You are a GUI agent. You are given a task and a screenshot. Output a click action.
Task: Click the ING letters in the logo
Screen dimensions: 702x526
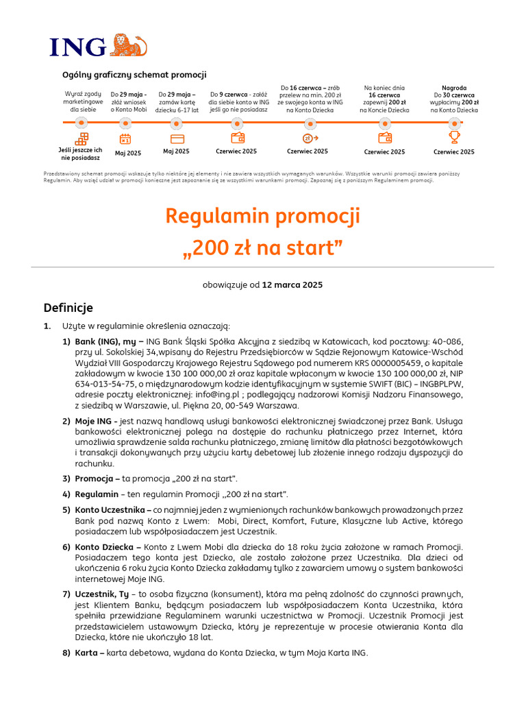(x=78, y=47)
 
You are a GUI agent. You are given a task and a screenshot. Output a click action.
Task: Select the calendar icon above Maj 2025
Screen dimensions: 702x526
(x=125, y=139)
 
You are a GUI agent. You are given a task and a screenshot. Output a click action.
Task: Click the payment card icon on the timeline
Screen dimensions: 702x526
(x=177, y=138)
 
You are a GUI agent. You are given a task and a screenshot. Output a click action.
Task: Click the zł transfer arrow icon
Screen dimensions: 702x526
(x=310, y=138)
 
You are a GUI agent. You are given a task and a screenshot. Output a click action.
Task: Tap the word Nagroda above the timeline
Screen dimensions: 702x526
(x=454, y=88)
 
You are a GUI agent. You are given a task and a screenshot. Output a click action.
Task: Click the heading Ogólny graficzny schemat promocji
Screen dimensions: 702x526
(x=134, y=75)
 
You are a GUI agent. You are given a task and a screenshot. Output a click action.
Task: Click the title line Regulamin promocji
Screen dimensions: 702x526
(x=262, y=217)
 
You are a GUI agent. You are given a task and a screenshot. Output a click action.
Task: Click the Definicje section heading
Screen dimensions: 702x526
(x=68, y=308)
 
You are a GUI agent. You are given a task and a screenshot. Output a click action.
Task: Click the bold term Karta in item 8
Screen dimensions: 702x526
(x=89, y=653)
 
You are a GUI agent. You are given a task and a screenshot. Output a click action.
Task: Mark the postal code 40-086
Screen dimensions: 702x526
(x=449, y=341)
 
